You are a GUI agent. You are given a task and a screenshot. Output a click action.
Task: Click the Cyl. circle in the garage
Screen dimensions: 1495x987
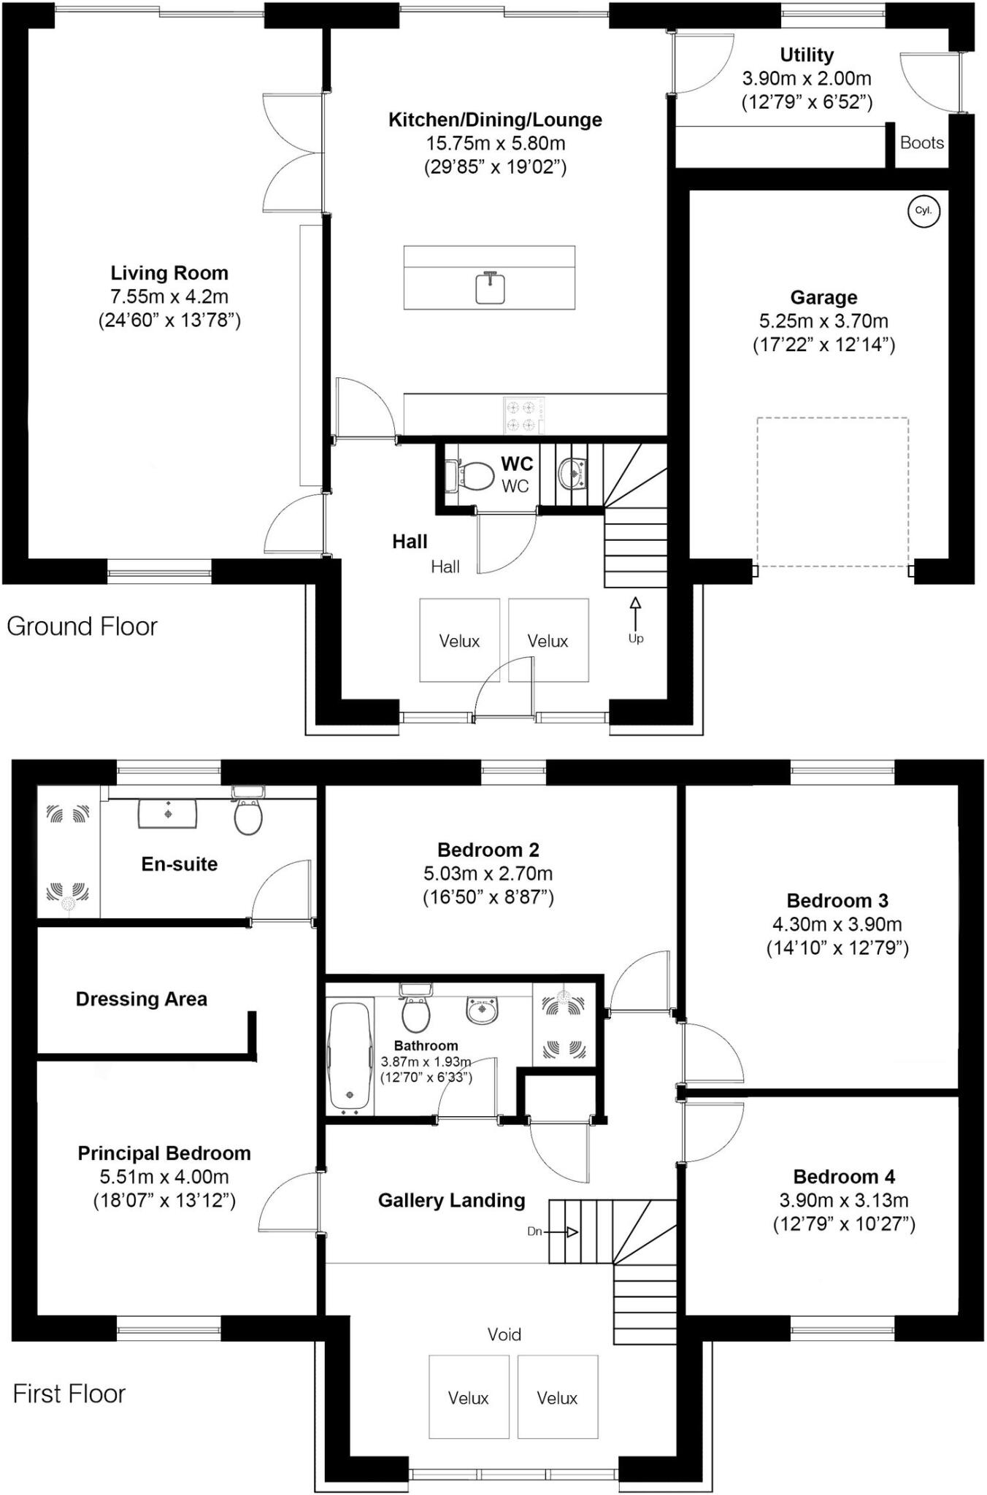(x=923, y=211)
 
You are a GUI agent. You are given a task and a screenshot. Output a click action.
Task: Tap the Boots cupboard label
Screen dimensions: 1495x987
(x=921, y=143)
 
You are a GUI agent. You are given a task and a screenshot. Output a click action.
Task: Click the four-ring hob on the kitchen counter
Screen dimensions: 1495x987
(x=523, y=415)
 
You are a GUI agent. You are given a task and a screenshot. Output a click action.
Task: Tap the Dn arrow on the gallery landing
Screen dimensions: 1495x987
(x=562, y=1232)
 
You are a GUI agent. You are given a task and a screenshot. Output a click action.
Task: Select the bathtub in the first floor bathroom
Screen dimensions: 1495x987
(x=350, y=1058)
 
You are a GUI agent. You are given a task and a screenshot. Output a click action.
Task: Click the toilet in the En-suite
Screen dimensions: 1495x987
(x=248, y=815)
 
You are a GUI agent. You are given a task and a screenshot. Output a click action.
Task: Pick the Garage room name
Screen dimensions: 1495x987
(x=823, y=297)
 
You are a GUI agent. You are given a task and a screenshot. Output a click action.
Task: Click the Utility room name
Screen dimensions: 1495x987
(x=807, y=55)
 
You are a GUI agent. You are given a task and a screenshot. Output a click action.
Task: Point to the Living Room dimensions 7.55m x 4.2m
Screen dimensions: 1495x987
(x=169, y=296)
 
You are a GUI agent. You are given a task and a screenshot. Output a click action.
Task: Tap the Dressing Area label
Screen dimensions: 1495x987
(x=142, y=999)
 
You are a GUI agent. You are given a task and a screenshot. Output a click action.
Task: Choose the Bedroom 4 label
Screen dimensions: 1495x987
(x=844, y=1177)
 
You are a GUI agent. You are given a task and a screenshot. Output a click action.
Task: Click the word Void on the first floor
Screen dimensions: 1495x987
(x=504, y=1334)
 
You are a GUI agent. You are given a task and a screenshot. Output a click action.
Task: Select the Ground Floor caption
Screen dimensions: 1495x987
(x=82, y=626)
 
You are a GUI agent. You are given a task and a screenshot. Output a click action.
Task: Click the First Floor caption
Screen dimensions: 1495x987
(x=69, y=1394)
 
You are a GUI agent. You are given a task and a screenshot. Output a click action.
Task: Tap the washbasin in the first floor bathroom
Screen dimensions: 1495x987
(x=482, y=1010)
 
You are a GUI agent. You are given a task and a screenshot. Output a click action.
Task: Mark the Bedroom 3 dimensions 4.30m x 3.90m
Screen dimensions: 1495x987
(x=837, y=924)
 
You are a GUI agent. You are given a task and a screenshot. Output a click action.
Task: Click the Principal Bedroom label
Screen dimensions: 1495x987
(x=164, y=1153)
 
